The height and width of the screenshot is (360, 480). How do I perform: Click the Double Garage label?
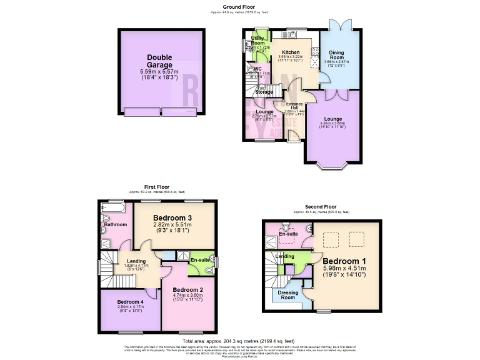pos(159,61)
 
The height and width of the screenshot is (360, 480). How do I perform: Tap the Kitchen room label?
pos(291,52)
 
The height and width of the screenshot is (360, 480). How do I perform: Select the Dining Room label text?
pos(337,55)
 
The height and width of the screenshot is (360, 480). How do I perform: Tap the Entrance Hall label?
pos(294,107)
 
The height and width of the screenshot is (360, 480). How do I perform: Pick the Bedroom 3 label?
pos(176,217)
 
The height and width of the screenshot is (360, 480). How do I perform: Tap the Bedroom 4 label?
pos(130,301)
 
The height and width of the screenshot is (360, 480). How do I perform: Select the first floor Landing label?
pos(136,261)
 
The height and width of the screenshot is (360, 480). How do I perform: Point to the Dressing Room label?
pos(287,294)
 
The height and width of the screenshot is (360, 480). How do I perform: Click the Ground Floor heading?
pos(239,7)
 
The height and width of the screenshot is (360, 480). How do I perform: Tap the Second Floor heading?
pos(321,206)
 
